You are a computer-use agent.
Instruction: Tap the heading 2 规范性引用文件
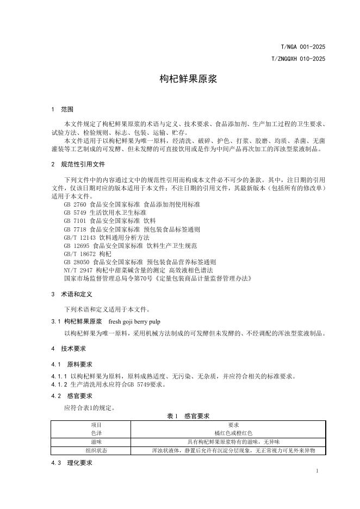point(78,164)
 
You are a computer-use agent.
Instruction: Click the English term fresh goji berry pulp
point(132,321)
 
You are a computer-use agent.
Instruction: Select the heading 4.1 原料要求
point(71,364)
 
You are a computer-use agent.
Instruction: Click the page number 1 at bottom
point(316,471)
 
